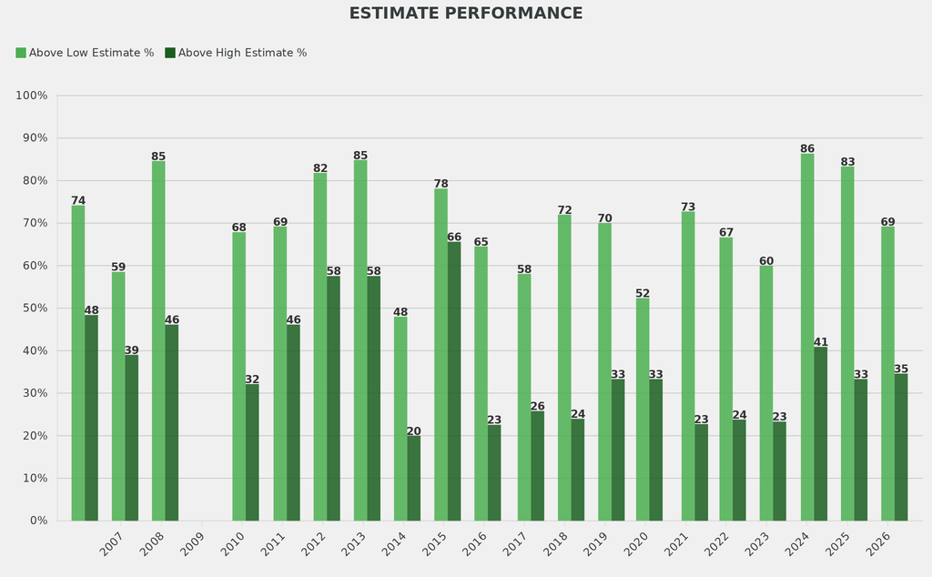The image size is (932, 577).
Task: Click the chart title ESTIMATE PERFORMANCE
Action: tap(466, 14)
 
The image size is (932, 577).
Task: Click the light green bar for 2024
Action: tap(807, 337)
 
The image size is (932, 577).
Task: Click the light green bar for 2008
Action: tap(158, 340)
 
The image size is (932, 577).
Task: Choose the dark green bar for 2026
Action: tap(901, 447)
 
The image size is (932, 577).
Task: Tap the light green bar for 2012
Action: tap(320, 347)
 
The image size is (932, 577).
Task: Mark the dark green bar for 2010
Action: tap(252, 452)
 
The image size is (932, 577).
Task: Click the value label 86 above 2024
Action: tap(807, 148)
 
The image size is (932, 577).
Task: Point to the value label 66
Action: tap(454, 237)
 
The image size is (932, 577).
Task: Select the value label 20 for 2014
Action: tap(414, 431)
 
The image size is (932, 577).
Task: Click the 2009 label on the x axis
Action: tap(192, 544)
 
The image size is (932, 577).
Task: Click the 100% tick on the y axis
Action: tap(32, 96)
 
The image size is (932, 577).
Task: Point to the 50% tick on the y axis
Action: tap(35, 309)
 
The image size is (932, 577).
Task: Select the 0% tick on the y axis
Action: tap(38, 521)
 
